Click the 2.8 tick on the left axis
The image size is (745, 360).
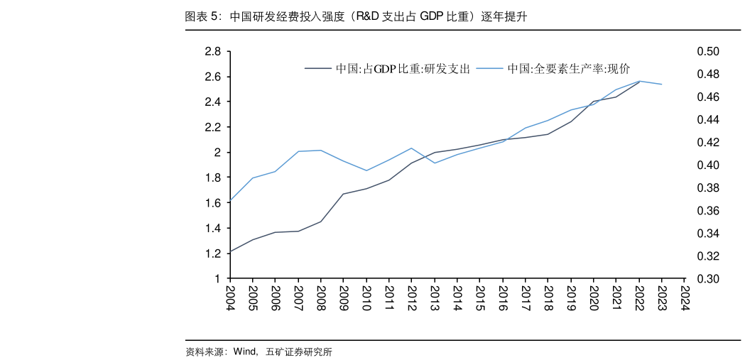pos(212,51)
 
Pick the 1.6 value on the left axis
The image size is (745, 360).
pos(212,203)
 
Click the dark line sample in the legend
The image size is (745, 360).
pos(318,69)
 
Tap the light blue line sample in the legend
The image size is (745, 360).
pos(489,69)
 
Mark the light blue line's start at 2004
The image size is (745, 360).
pos(230,201)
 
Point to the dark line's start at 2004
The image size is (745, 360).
pos(230,251)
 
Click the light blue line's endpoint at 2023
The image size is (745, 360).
pos(662,84)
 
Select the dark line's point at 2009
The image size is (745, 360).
pos(344,194)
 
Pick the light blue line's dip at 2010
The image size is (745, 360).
pos(366,170)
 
